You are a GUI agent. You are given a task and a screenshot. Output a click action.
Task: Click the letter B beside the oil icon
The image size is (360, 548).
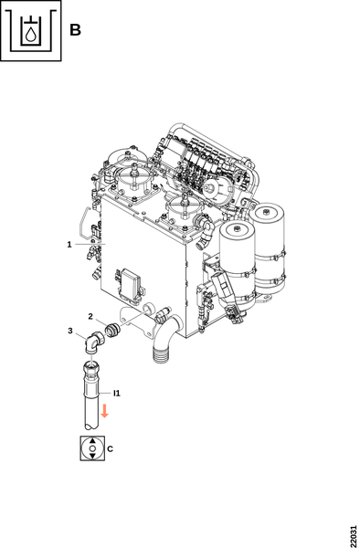75,30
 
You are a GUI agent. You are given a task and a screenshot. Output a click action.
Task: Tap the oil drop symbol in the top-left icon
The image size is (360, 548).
31,35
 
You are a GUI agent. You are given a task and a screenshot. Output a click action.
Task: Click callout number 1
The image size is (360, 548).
69,245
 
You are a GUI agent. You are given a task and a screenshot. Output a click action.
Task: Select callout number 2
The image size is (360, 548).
90,317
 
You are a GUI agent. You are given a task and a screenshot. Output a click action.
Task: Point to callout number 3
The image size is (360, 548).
70,331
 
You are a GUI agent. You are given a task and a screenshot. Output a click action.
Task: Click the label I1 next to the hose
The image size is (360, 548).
117,394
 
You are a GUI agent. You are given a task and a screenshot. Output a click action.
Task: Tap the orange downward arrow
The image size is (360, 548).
104,411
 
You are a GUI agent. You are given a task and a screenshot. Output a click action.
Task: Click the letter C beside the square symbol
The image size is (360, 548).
110,448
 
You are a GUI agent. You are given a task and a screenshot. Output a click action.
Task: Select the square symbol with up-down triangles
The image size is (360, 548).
92,448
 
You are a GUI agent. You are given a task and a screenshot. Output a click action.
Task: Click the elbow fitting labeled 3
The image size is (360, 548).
93,342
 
